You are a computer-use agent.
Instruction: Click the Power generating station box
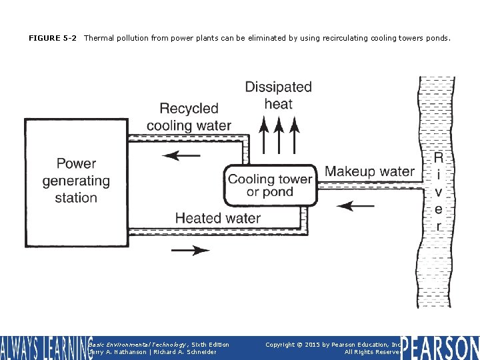(75, 180)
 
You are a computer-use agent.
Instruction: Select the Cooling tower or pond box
(270, 185)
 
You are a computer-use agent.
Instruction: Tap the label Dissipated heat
(278, 95)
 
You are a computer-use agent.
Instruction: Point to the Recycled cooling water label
(189, 117)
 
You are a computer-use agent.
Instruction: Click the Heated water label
(217, 218)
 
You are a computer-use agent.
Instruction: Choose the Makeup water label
(369, 171)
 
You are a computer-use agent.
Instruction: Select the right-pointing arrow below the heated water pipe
(190, 250)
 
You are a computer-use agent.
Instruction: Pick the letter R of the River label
(439, 157)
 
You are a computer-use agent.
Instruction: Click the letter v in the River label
(439, 192)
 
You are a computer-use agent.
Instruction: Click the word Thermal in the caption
(98, 39)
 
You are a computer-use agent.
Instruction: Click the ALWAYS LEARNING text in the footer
(45, 348)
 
